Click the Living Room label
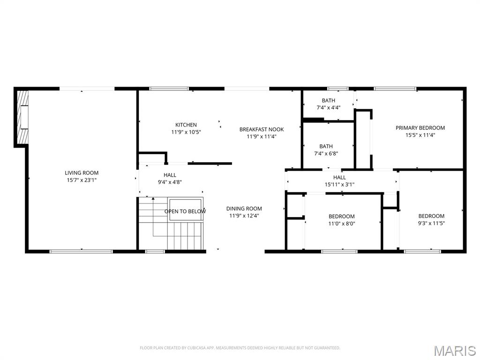pos(82,172)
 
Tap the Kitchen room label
pos(186,125)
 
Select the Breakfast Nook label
pos(262,129)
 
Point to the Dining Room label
pos(244,209)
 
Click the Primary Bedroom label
pos(420,127)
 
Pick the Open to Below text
pos(185,211)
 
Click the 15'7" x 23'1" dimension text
pos(82,180)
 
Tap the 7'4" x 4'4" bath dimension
pos(328,107)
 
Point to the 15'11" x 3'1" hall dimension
pos(339,184)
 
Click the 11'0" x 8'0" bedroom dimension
pos(341,224)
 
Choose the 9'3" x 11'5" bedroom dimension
pos(431,223)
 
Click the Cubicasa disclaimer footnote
pos(240,348)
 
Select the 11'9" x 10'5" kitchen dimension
pos(186,132)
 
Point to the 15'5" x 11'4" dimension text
pos(420,135)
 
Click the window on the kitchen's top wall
pos(169,88)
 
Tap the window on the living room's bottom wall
pos(81,251)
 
